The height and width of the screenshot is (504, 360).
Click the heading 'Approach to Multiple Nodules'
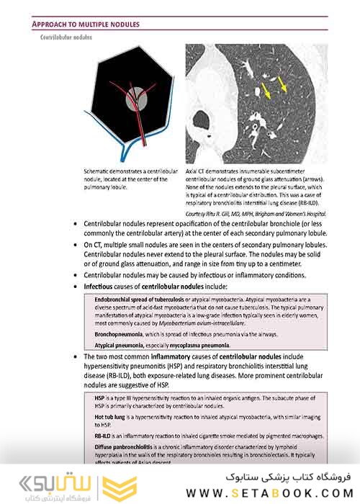[86, 24]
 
